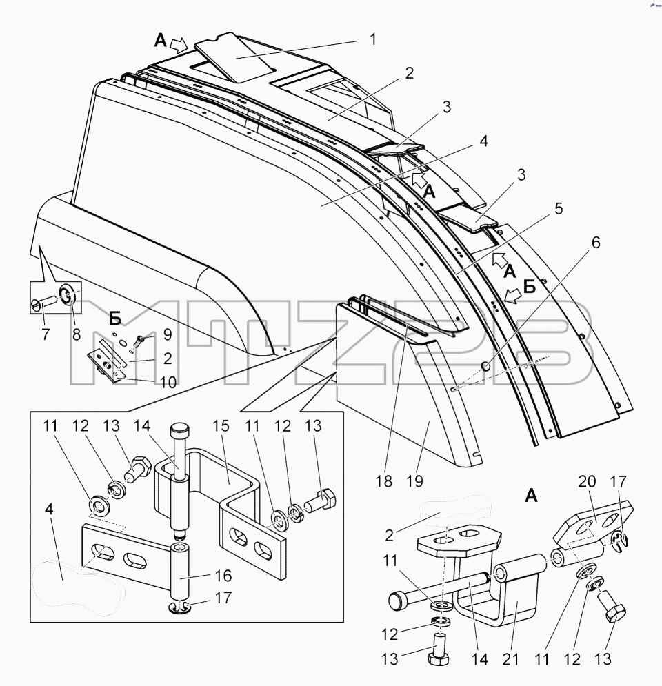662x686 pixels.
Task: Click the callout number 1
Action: [373, 39]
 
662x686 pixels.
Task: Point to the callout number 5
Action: [559, 209]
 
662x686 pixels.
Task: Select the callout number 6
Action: [596, 243]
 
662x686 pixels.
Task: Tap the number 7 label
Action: [46, 334]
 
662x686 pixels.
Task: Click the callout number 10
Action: [168, 383]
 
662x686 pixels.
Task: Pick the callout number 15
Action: [221, 425]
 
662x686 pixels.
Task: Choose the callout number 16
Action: [223, 576]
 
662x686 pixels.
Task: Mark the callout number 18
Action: [383, 481]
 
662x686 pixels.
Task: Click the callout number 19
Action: [415, 481]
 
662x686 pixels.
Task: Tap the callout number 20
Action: [588, 481]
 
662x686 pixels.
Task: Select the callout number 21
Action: [510, 659]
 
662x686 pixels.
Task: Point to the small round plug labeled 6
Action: [485, 365]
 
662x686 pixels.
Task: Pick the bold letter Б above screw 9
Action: [114, 319]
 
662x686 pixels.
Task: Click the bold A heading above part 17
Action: [531, 496]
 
